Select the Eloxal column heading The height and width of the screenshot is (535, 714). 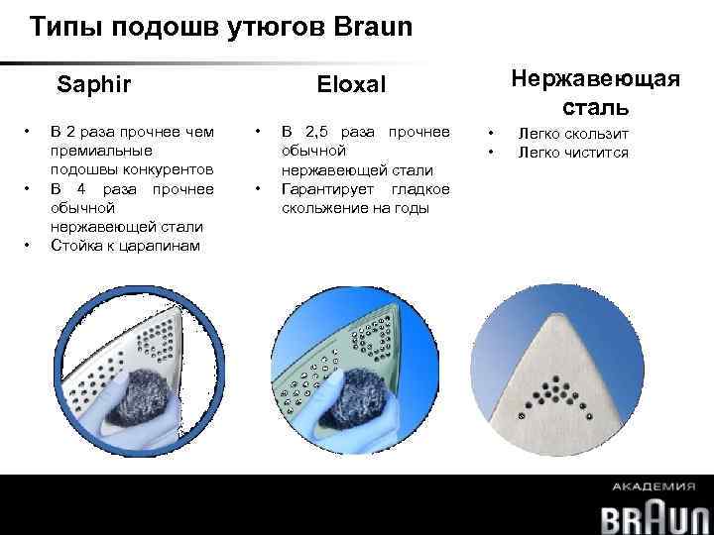point(351,85)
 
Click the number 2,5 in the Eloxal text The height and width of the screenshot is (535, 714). point(320,132)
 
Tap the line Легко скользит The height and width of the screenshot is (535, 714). point(573,133)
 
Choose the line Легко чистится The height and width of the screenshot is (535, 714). point(573,152)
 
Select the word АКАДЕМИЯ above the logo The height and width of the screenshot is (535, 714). point(654,487)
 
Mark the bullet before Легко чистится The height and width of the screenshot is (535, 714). point(489,152)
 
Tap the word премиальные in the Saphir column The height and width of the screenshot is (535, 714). point(101,151)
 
